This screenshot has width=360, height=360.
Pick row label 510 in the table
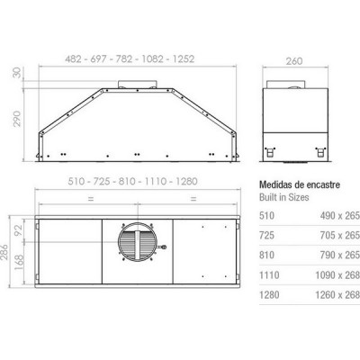click(266, 217)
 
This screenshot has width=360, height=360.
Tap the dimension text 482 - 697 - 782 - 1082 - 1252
click(131, 59)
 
